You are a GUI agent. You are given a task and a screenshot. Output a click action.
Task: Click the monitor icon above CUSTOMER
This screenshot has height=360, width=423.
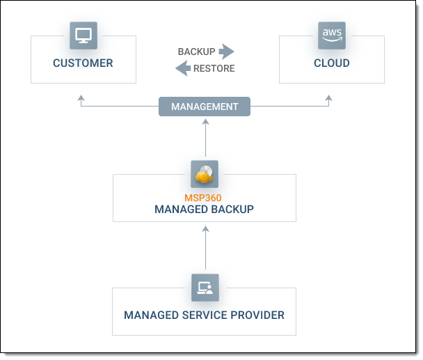(83, 35)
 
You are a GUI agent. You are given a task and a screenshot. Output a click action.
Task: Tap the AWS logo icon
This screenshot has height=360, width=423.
(331, 35)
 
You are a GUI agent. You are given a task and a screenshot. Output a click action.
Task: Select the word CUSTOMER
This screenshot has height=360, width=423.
(83, 63)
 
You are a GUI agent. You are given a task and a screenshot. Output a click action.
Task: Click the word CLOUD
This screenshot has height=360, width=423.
(331, 63)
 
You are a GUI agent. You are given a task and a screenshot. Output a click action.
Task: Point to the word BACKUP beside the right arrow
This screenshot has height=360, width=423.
(196, 52)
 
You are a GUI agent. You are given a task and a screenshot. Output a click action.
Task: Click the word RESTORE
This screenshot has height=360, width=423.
(214, 68)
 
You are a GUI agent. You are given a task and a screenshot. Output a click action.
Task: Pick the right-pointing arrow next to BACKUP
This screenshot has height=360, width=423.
(226, 52)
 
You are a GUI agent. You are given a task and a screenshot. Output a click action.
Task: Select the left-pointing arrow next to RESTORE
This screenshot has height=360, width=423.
(182, 68)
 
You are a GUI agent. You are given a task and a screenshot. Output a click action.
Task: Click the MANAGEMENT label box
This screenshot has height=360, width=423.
(205, 107)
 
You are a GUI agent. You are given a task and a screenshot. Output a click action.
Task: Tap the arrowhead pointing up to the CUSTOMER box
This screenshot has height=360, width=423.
(81, 99)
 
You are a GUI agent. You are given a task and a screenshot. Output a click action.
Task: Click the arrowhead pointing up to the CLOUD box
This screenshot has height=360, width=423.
(329, 99)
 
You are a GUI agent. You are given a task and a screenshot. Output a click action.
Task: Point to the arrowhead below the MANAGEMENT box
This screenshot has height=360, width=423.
(205, 121)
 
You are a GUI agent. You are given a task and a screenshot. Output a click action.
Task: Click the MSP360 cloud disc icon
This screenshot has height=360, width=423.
(205, 174)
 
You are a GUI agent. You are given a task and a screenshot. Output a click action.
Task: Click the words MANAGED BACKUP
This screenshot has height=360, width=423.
(204, 209)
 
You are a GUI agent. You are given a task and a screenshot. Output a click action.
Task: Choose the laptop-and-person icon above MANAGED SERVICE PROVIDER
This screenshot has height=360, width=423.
(205, 287)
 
